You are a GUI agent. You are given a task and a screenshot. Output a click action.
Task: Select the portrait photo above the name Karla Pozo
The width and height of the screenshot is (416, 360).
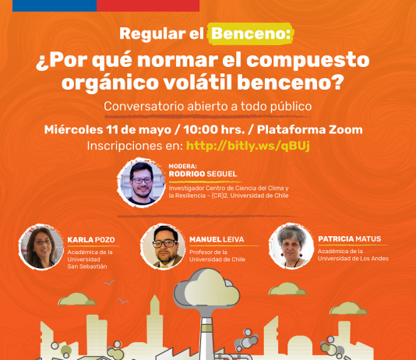point(40,246)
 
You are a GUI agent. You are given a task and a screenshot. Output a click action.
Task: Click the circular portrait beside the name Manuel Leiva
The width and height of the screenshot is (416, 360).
point(163,246)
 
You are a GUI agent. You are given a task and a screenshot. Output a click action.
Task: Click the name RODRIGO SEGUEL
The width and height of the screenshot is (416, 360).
point(203,174)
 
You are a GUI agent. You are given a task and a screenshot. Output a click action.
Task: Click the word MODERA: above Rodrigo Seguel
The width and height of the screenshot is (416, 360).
point(182,166)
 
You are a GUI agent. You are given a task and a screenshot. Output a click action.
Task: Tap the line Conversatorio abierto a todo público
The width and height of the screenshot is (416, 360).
point(207,106)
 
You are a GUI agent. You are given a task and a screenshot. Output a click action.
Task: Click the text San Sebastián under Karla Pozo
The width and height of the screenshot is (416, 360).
point(87,266)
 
